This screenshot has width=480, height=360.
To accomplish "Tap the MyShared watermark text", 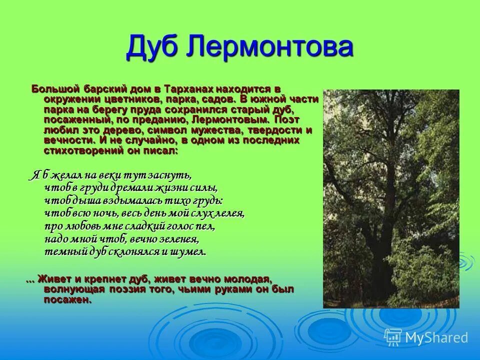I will pos(436,338).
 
